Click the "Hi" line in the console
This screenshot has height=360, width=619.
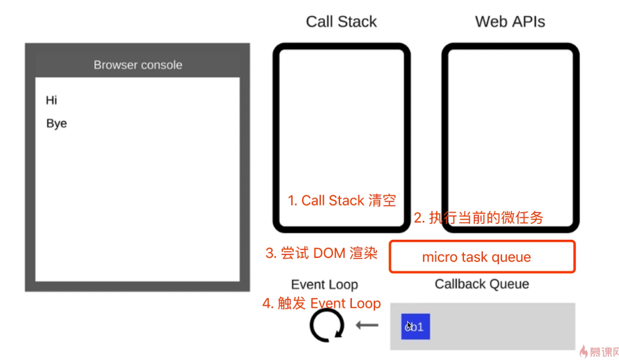[52, 101]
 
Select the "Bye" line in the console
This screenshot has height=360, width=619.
[56, 124]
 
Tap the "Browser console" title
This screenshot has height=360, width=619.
[138, 65]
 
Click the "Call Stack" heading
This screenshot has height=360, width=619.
[341, 21]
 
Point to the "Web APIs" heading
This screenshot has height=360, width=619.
[510, 21]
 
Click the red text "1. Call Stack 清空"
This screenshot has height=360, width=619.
[342, 200]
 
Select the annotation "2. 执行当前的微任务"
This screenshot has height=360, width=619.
[478, 218]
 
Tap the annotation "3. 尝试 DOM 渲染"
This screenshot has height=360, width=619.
[322, 253]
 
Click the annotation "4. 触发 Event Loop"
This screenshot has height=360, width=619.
[322, 304]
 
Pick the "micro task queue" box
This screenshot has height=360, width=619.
[482, 257]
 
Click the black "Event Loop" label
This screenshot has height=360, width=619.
[324, 285]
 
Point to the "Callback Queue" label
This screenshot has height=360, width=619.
[481, 284]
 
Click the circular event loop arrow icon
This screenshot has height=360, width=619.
[326, 326]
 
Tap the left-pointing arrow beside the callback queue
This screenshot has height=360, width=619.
[367, 326]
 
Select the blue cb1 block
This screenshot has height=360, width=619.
[416, 326]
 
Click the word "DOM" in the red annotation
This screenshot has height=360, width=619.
[328, 253]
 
